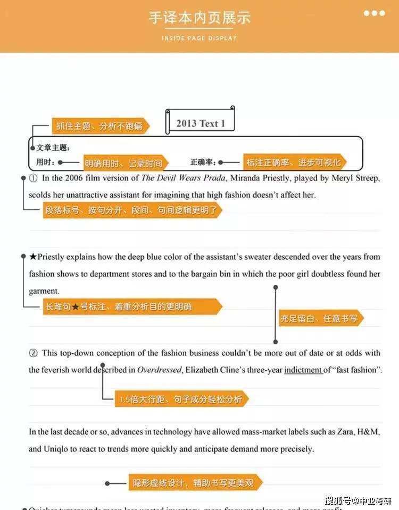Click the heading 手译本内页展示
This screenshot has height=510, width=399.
pos(199,18)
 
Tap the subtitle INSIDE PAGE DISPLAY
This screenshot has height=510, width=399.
pos(199,38)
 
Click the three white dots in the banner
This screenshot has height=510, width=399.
pos(374,13)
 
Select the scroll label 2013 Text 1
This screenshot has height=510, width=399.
pos(201,123)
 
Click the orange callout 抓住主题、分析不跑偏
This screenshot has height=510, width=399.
pos(99,126)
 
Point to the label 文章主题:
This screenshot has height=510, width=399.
pos(53,148)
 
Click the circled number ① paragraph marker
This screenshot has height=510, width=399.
pos(33,178)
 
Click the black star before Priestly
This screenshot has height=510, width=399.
pos(33,257)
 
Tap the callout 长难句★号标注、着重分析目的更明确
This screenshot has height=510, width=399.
pos(131,307)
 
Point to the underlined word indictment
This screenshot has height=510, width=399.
pos(303,370)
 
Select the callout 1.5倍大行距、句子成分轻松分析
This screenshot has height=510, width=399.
pos(181,398)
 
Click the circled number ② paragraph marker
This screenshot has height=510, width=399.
pos(33,353)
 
